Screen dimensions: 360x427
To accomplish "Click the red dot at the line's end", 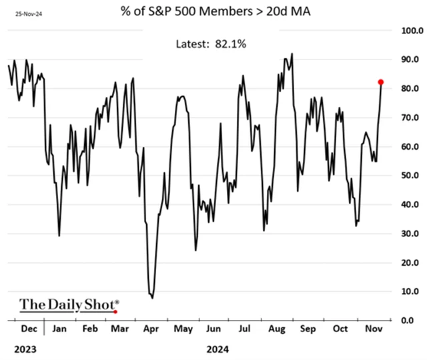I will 381,82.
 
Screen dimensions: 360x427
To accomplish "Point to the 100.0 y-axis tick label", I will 410,31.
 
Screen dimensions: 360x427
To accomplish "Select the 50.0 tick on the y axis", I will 408,176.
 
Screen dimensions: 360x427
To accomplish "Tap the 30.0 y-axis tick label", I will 408,234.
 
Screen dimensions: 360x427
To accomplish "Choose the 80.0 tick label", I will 408,89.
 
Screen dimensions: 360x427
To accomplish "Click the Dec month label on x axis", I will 28,329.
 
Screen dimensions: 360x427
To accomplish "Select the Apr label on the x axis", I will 151,329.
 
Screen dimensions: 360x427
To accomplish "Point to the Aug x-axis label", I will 275,329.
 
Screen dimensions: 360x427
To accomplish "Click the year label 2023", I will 23,348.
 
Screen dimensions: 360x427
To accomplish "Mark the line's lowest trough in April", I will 153,297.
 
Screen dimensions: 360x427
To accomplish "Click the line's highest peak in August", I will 292,53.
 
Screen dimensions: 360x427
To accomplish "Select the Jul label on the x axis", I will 244,329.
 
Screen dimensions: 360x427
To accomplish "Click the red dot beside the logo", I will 115,311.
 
